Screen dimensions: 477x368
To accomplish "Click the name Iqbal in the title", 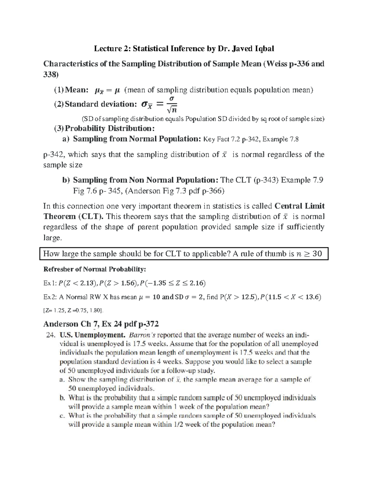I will point(263,49).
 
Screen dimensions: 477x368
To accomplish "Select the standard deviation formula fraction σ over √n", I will point(172,104).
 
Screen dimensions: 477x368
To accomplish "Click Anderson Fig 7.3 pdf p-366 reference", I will point(174,191).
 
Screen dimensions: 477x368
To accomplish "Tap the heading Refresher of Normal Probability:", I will point(95,269).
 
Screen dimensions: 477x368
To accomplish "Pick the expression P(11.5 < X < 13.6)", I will point(290,297).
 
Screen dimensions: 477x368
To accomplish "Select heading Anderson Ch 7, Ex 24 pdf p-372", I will point(101,324).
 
